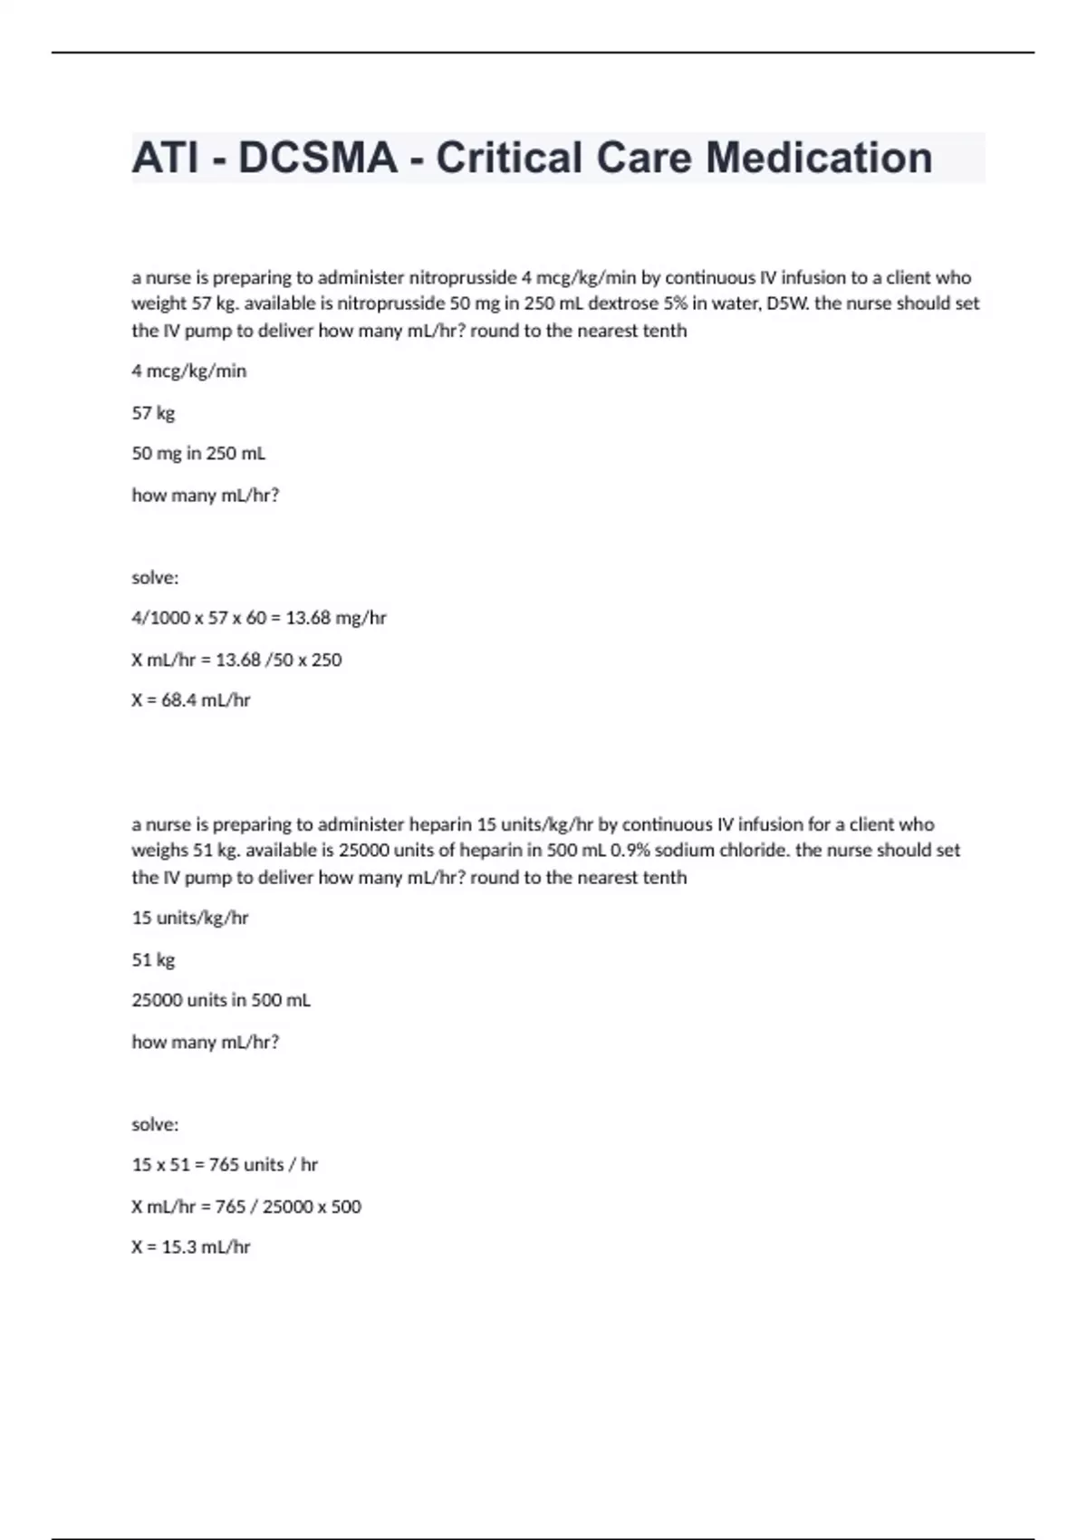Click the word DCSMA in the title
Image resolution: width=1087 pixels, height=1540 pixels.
[317, 158]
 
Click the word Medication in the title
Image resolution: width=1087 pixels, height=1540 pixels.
[820, 158]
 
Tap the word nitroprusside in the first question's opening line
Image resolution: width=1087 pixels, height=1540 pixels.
[462, 277]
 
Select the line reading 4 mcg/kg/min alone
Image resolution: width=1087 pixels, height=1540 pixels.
[189, 371]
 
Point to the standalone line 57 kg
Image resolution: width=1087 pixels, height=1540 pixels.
[153, 412]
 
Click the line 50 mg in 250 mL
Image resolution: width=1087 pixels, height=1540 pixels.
[198, 453]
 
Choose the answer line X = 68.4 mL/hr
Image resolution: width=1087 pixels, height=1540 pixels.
[191, 700]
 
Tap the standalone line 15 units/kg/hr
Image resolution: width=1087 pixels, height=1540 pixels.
[190, 918]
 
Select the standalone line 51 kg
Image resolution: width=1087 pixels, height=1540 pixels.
[153, 959]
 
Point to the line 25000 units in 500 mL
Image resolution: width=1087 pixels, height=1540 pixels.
[221, 1000]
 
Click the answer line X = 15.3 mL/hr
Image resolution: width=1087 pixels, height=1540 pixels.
[191, 1246]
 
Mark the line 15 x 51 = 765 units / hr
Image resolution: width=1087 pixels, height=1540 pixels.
[225, 1165]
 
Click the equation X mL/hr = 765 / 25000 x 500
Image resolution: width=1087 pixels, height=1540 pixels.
[246, 1207]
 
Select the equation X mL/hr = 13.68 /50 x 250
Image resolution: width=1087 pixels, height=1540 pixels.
[236, 659]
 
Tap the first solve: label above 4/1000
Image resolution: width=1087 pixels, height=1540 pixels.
[155, 577]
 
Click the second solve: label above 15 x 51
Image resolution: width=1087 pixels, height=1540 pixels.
[155, 1124]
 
